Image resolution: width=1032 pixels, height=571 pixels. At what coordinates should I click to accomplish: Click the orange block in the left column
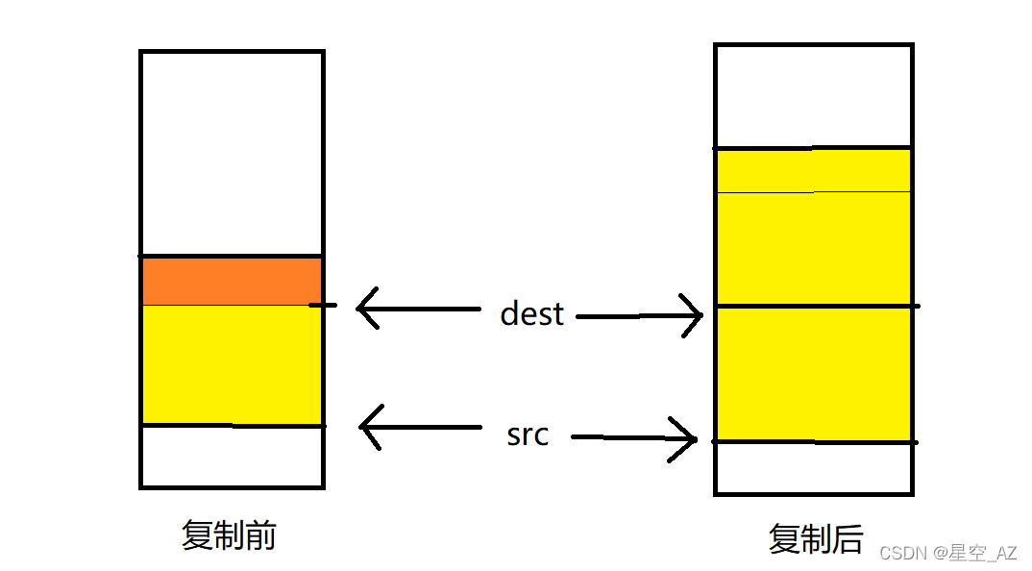coord(231,281)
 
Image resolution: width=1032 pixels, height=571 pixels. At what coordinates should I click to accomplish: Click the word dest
coord(531,313)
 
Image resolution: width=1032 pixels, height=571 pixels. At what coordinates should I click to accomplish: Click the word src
coord(528,434)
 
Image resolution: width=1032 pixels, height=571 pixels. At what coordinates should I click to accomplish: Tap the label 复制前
coord(229,535)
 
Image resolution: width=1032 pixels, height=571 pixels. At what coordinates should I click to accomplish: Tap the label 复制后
coord(816,538)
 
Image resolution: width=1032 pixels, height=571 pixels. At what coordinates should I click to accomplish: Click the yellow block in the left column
coord(231,364)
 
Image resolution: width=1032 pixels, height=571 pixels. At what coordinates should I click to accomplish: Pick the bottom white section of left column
coord(231,456)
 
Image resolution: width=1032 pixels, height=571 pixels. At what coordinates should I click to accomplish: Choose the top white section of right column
coord(813,96)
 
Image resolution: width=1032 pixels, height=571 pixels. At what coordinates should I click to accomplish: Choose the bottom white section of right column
coord(813,467)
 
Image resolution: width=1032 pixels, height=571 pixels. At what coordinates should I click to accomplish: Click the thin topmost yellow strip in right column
coord(813,171)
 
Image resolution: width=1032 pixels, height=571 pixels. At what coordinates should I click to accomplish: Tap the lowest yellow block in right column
coord(813,374)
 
